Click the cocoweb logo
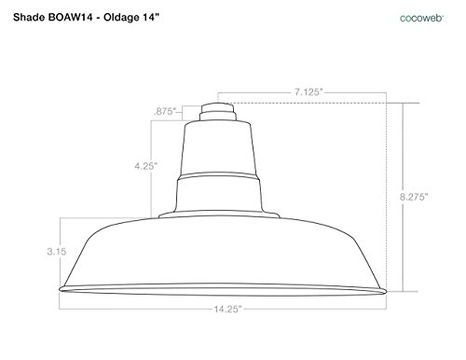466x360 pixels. point(421,18)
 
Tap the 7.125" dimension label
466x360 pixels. point(308,92)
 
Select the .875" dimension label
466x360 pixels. point(165,111)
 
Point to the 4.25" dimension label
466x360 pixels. point(146,166)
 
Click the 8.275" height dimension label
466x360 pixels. point(414,197)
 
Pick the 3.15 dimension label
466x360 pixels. point(57,251)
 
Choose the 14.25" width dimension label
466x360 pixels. point(227,309)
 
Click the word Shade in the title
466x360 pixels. point(29,17)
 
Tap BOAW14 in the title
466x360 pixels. point(70,17)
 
